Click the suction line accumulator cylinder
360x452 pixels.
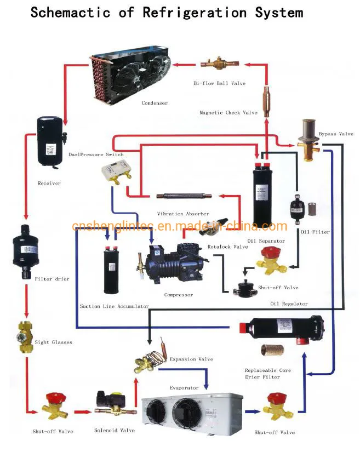click(115, 271)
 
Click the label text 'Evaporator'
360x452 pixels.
click(184, 388)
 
